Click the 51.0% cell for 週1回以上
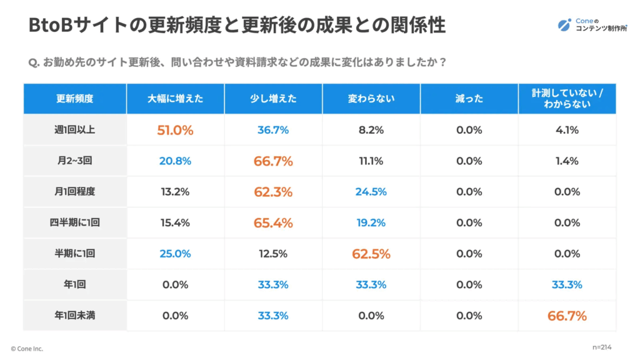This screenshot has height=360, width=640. point(175,131)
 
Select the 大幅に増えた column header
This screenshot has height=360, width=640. point(175,99)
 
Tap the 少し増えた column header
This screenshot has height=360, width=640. point(273,99)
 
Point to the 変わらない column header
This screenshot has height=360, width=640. point(371,99)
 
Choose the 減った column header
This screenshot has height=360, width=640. point(469,99)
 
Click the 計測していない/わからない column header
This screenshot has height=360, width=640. point(567,99)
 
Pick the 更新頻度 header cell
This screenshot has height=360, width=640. point(75,99)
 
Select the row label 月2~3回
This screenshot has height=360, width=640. point(75,161)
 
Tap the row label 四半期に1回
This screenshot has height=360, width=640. point(75,223)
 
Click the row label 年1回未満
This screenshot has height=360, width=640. point(75,316)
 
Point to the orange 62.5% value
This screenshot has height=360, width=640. point(371,254)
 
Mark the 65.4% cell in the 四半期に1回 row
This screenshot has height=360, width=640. point(273,223)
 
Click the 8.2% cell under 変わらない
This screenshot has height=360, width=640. point(371,131)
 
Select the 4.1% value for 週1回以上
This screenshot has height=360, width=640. point(567,131)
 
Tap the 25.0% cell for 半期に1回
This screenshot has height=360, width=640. point(175,254)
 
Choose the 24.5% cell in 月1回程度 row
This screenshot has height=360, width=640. point(371,192)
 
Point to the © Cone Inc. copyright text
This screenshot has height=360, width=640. point(27,349)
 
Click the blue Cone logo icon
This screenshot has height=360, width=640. point(564,25)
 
